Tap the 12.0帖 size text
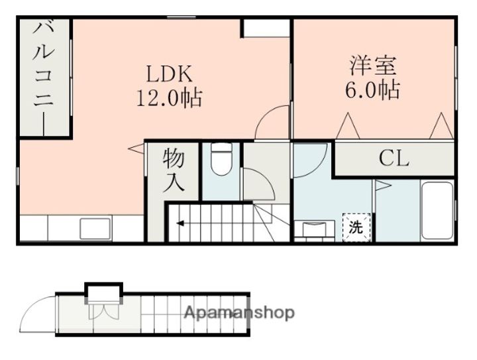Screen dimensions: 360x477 tap(169, 99)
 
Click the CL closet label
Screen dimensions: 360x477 tap(394, 159)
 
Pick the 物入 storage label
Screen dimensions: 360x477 tap(174, 170)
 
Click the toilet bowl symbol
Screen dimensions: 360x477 tap(219, 161)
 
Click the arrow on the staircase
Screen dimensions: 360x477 tap(181, 224)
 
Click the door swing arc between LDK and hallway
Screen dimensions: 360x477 tap(274, 124)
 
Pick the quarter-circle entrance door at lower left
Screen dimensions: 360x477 tap(38, 314)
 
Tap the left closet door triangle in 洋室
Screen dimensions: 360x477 tap(348, 127)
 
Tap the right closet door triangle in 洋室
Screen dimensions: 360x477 tap(440, 127)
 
